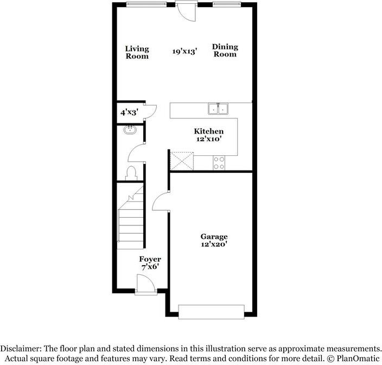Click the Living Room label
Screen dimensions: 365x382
pyautogui.click(x=137, y=52)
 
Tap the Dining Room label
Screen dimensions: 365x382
pyautogui.click(x=225, y=51)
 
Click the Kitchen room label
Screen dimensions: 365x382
pyautogui.click(x=209, y=131)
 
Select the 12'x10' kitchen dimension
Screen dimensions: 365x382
pyautogui.click(x=209, y=139)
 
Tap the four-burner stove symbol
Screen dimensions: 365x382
pyautogui.click(x=219, y=162)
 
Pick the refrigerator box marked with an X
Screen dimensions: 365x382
pyautogui.click(x=181, y=161)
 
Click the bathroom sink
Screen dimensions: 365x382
pyautogui.click(x=130, y=130)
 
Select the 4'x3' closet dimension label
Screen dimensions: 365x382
pyautogui.click(x=129, y=113)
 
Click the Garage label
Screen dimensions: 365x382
pyautogui.click(x=214, y=237)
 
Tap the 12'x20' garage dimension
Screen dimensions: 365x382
pyautogui.click(x=214, y=244)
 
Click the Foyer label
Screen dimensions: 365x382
pyautogui.click(x=150, y=259)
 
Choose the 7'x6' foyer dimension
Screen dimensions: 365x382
pyautogui.click(x=150, y=267)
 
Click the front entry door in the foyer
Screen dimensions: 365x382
pyautogui.click(x=145, y=286)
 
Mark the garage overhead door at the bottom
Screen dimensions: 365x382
pyautogui.click(x=211, y=312)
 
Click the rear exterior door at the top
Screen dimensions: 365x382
pyautogui.click(x=186, y=11)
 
